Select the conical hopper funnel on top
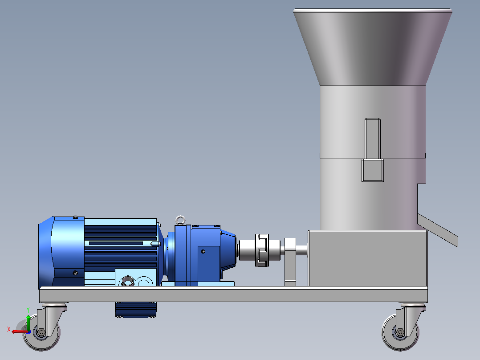click(373, 48)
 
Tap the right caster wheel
click(400, 332)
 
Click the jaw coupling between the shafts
click(262, 250)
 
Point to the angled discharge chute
click(438, 230)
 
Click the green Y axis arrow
click(28, 322)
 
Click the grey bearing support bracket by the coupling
click(290, 262)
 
